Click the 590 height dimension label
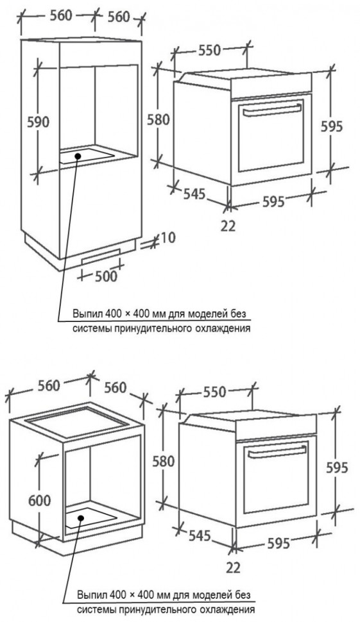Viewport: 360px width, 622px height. point(38,122)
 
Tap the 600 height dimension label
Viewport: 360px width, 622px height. point(40,500)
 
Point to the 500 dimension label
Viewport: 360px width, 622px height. point(107,276)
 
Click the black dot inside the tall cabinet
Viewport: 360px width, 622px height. point(78,156)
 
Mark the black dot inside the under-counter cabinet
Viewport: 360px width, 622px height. point(81,518)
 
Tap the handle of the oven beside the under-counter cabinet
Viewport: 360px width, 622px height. point(276,451)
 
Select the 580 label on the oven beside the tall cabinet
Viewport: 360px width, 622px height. point(159,119)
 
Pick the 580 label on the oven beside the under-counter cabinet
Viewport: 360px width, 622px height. point(164,461)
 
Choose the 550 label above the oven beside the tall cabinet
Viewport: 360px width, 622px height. point(209,51)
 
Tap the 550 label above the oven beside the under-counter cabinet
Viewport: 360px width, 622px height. point(214,392)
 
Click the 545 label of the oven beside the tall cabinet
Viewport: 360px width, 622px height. point(194,194)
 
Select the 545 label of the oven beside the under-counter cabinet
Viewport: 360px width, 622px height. point(199,536)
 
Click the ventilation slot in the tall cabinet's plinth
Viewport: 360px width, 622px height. point(101,256)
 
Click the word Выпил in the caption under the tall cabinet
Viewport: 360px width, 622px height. point(83,314)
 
